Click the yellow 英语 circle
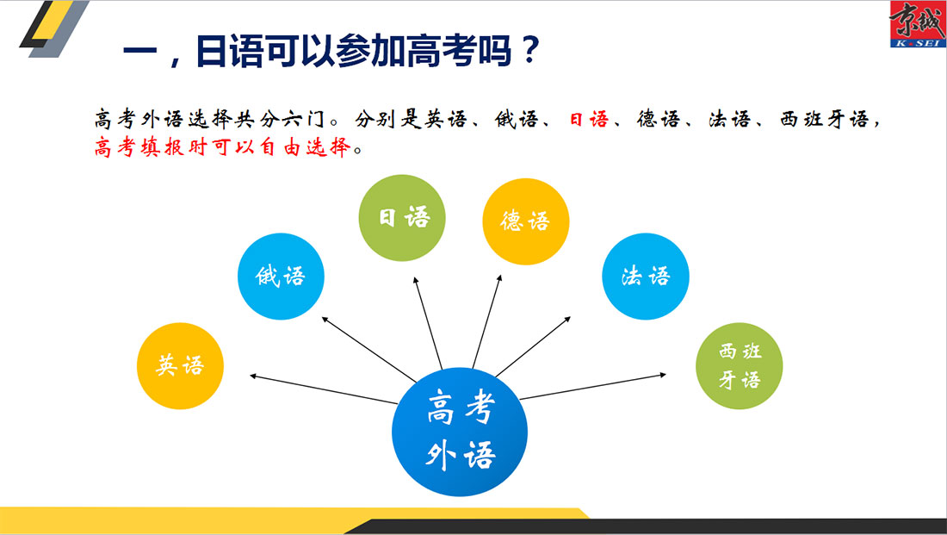coord(180,366)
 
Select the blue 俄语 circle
coord(281,277)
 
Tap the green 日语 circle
coord(402,218)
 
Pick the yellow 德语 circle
coord(525,221)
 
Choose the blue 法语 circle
coord(646,277)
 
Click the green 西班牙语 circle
coord(740,366)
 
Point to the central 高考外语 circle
coord(460,432)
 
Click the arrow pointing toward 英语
coord(324,389)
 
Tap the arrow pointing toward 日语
coord(428,323)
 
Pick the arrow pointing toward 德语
coord(487,321)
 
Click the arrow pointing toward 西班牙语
coord(592,387)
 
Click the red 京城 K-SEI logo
coord(918,24)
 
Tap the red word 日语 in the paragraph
coord(589,119)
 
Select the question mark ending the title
coord(529,50)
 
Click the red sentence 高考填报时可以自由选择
coord(222,147)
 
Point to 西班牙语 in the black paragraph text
coord(825,119)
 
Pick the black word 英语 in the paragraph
coord(446,119)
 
